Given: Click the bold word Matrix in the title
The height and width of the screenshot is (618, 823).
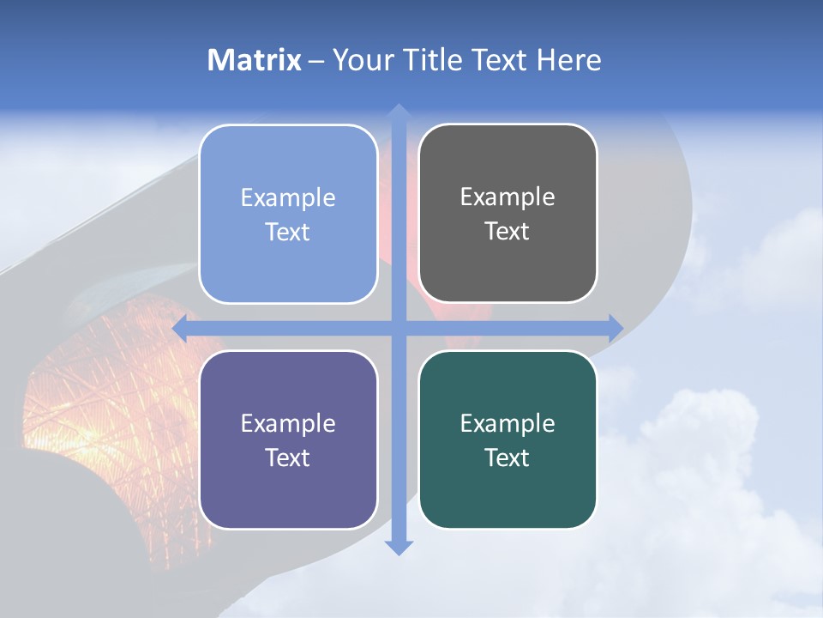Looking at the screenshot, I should pyautogui.click(x=255, y=60).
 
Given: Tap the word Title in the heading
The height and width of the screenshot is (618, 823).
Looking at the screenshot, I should pyautogui.click(x=433, y=60).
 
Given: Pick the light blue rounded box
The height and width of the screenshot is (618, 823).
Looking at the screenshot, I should pyautogui.click(x=288, y=214).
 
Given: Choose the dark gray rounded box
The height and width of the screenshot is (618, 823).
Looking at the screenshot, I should pyautogui.click(x=508, y=214).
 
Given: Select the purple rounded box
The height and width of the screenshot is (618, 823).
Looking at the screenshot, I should pyautogui.click(x=288, y=439).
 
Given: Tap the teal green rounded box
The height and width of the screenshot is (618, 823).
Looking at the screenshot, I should pyautogui.click(x=508, y=439).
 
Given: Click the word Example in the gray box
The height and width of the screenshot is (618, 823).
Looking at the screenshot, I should pyautogui.click(x=508, y=197).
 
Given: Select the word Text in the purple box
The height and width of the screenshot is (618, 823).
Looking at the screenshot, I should pyautogui.click(x=288, y=457).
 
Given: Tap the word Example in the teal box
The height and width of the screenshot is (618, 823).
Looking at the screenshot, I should pyautogui.click(x=508, y=423).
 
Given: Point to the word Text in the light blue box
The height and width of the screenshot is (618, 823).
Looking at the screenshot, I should pyautogui.click(x=288, y=232).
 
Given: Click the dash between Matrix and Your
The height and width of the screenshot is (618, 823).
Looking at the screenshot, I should pyautogui.click(x=316, y=60).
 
